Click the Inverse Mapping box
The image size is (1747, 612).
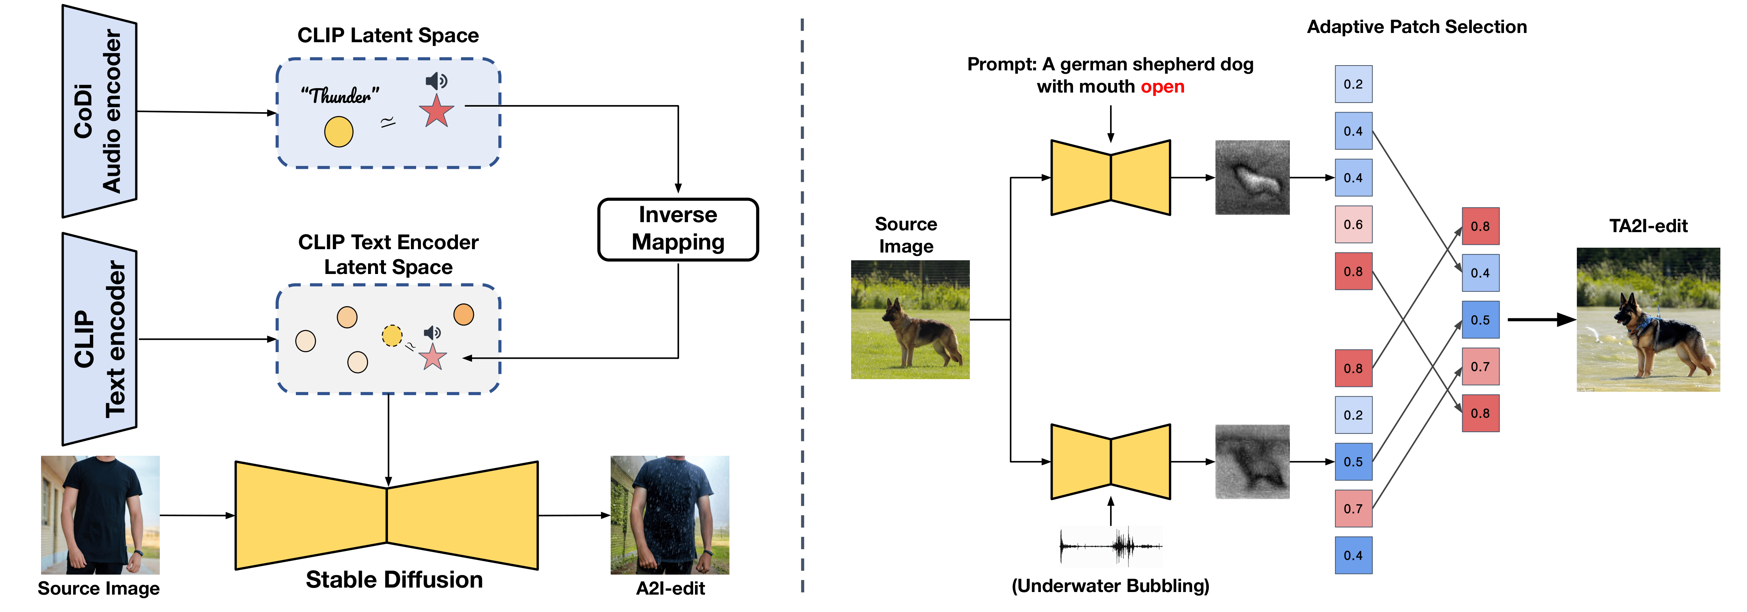(x=678, y=229)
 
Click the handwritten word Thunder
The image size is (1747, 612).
(x=340, y=96)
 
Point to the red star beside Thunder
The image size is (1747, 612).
(x=436, y=112)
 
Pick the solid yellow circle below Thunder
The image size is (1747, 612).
(x=338, y=132)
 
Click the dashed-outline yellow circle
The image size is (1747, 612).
(x=392, y=335)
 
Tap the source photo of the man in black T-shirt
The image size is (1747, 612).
(x=100, y=515)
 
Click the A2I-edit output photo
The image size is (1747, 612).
(x=670, y=515)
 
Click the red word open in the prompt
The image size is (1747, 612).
(x=1163, y=87)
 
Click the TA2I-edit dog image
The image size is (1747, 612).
(x=1648, y=320)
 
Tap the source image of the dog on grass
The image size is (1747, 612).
(x=910, y=320)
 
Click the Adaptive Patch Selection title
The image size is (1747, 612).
(x=1417, y=27)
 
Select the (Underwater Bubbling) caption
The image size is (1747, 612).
(x=1110, y=586)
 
